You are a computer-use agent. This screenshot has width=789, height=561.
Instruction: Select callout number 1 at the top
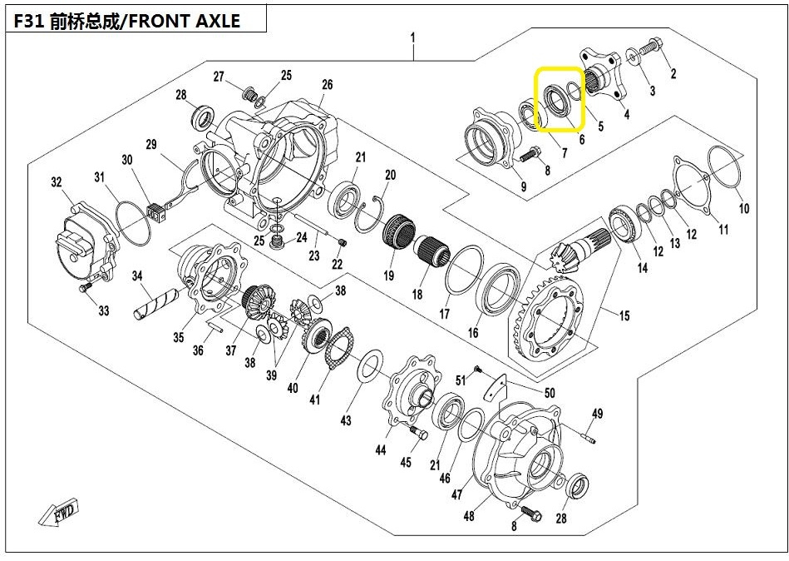[412, 37]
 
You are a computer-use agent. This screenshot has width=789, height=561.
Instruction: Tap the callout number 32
[57, 181]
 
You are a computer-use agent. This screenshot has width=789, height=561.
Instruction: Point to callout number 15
[624, 315]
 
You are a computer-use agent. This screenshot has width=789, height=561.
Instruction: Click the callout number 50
[550, 392]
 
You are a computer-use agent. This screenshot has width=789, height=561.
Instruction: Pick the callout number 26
[327, 84]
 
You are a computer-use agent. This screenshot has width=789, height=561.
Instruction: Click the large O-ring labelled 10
[724, 165]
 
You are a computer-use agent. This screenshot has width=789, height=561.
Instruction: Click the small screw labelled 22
[343, 243]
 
